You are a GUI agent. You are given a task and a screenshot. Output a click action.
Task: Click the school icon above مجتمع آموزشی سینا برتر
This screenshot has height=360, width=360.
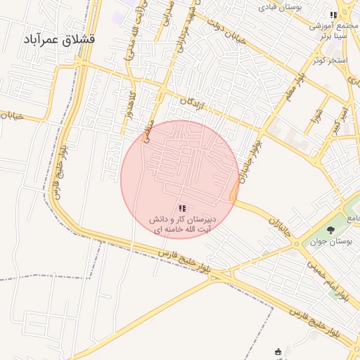click(334, 15)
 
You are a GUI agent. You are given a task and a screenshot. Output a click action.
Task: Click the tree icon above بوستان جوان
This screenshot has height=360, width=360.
click(331, 229)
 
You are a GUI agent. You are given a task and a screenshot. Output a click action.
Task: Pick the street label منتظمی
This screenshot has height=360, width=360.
click(148, 127)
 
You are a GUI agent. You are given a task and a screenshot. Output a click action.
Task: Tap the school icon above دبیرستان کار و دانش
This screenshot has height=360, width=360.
click(183, 208)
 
